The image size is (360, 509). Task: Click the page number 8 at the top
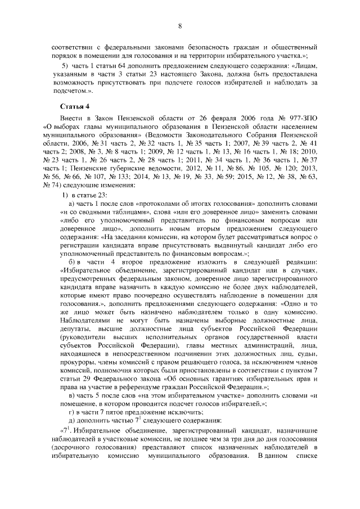pos(180,26)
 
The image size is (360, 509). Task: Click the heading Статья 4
pos(74,106)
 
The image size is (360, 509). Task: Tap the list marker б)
pos(72,262)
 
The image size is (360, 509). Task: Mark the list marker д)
pos(72,420)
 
